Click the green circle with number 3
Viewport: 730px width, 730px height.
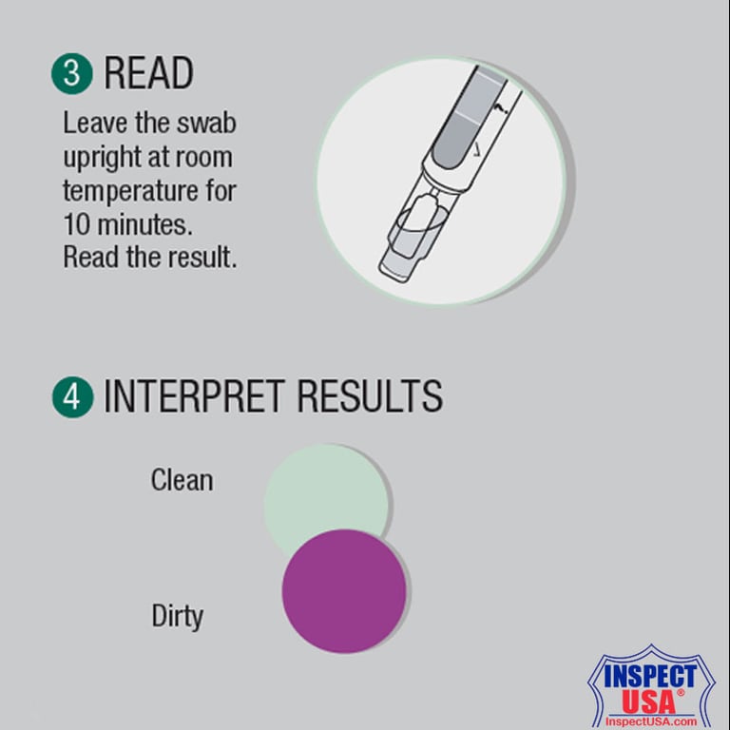72,73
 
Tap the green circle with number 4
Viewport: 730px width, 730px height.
72,396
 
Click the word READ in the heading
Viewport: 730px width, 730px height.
148,73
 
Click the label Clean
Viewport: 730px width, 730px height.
182,480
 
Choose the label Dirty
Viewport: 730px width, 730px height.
178,617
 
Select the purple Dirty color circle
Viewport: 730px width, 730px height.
344,591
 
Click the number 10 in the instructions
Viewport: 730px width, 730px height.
78,223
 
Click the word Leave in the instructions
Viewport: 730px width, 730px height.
88,124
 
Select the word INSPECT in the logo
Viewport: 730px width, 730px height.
643,679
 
